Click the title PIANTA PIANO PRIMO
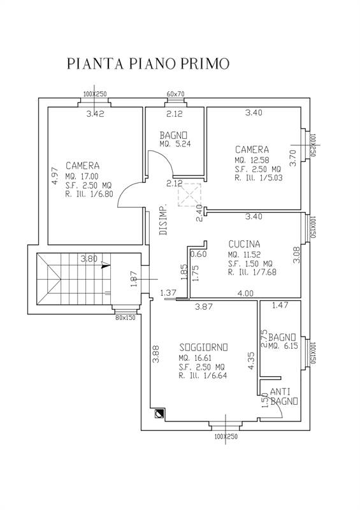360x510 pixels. click(x=148, y=63)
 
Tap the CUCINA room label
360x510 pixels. click(x=244, y=244)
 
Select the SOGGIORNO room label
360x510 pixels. click(x=204, y=347)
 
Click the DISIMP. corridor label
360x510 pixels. click(x=164, y=219)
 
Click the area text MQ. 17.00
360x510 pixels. click(x=82, y=177)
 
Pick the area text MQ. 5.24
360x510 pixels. click(x=175, y=144)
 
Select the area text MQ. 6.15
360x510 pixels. click(x=284, y=346)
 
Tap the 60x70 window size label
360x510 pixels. click(x=176, y=94)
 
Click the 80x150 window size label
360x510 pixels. click(x=125, y=317)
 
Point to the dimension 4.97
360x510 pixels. click(x=55, y=176)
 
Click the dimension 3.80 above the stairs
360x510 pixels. click(x=89, y=259)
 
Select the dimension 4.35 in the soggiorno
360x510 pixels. click(x=251, y=360)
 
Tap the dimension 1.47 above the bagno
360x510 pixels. click(x=280, y=305)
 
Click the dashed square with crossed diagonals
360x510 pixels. click(x=190, y=194)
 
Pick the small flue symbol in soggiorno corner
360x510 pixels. click(x=160, y=414)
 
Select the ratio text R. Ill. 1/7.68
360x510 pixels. click(x=252, y=272)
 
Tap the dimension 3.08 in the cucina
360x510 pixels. click(x=296, y=255)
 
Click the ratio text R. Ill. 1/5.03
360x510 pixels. click(x=259, y=178)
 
